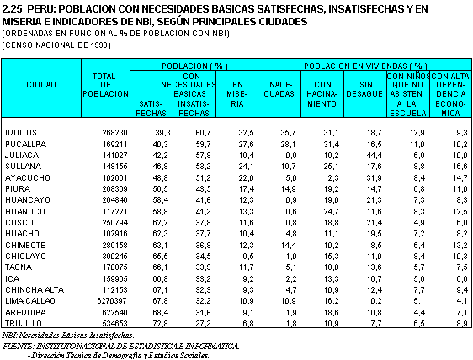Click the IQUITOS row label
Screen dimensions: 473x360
tap(21, 133)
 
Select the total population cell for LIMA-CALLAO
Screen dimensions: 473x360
tap(112, 301)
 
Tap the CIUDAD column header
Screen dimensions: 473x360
tap(41, 85)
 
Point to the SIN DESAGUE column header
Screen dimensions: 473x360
tap(364, 89)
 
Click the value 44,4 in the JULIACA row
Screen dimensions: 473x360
tap(374, 156)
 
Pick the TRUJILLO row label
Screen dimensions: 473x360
tap(24, 324)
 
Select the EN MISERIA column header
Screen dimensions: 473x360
tap(237, 94)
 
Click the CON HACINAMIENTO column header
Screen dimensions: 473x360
tap(322, 94)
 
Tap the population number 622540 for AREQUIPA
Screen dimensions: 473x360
tap(114, 312)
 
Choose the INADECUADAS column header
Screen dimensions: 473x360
tap(279, 89)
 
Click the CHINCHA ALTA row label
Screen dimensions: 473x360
tap(35, 290)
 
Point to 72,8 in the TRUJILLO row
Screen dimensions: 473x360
tap(160, 324)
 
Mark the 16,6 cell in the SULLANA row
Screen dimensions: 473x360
tap(460, 167)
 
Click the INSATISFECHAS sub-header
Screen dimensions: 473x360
tap(194, 109)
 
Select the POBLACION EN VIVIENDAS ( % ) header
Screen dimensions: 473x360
tap(365, 66)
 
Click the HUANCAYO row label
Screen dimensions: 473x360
tap(28, 200)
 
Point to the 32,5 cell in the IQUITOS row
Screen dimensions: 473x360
tap(246, 133)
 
